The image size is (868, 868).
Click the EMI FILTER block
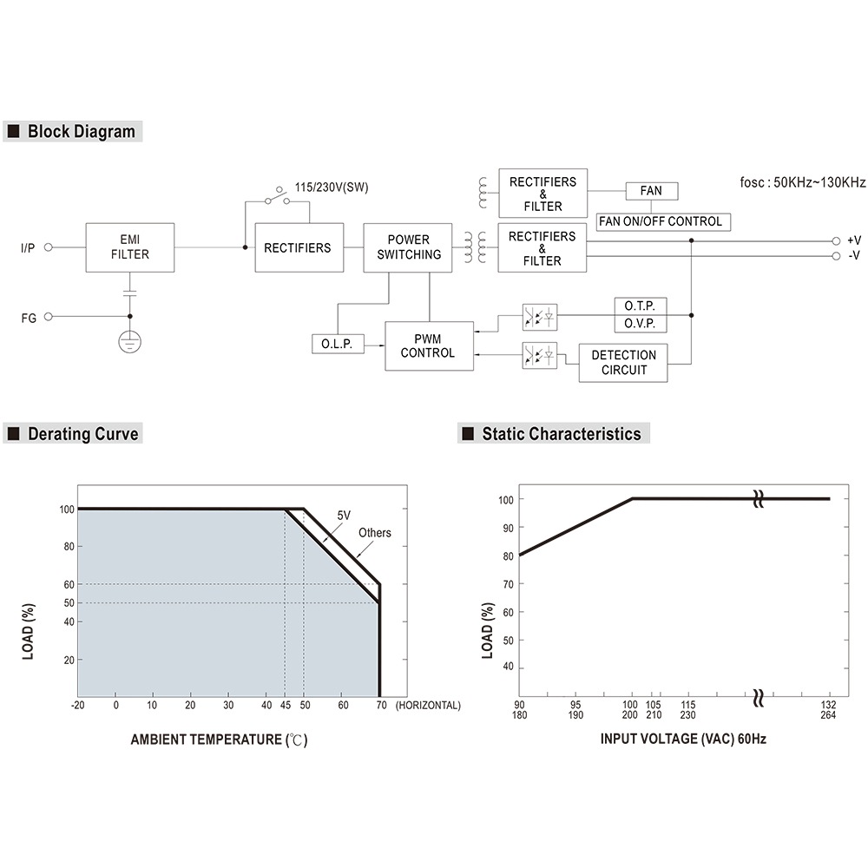(x=130, y=247)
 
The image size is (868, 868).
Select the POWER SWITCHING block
(x=408, y=247)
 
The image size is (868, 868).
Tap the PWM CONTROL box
(x=430, y=345)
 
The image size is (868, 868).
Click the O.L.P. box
(x=336, y=344)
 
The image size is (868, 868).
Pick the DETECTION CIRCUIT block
(x=623, y=362)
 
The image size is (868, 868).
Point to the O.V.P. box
(x=641, y=324)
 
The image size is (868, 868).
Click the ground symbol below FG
(x=130, y=342)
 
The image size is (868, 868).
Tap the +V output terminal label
(x=853, y=240)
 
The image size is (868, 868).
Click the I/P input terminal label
(x=29, y=248)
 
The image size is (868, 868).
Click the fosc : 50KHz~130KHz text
(x=801, y=182)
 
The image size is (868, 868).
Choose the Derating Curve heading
(x=82, y=433)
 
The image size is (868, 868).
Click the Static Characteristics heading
(x=561, y=433)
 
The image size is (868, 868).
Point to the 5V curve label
(x=343, y=516)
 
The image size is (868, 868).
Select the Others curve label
(x=375, y=533)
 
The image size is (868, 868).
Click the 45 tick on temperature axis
(x=285, y=705)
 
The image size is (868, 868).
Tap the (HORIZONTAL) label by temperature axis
(x=428, y=705)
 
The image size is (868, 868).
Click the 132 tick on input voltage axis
(x=828, y=705)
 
